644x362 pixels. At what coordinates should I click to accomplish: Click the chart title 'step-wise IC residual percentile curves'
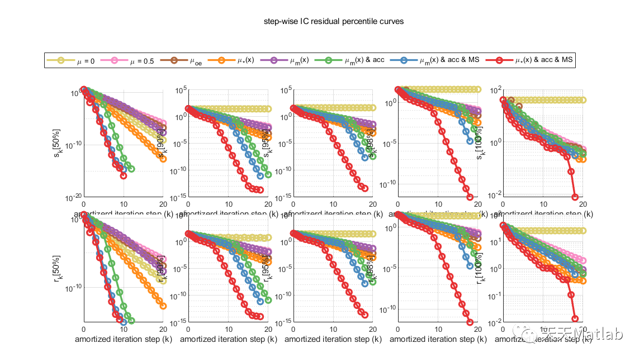[333, 21]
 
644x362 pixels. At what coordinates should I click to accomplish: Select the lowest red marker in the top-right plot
[575, 197]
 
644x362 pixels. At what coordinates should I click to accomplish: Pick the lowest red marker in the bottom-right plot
[575, 318]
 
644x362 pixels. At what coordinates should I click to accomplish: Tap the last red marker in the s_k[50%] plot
[124, 175]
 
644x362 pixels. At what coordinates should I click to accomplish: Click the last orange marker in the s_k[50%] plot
[163, 159]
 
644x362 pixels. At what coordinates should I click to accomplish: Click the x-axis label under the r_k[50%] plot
[123, 339]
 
